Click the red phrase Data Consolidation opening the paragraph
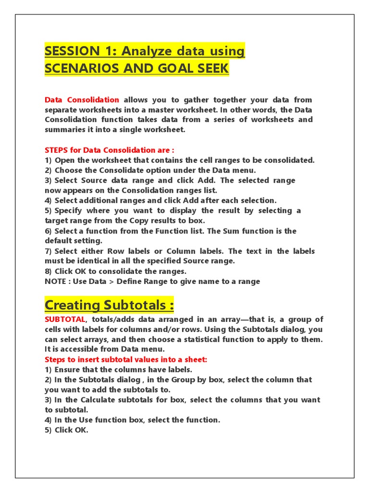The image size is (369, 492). [x=82, y=100]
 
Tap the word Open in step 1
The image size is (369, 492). [x=64, y=160]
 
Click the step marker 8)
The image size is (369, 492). [x=49, y=271]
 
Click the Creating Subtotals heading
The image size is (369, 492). [x=109, y=305]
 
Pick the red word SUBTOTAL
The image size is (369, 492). [x=65, y=319]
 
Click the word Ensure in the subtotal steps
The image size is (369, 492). [x=67, y=369]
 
